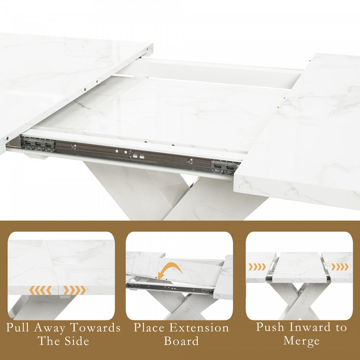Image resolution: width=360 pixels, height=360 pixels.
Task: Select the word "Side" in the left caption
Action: (76, 340)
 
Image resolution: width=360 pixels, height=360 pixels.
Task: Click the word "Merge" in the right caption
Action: (302, 340)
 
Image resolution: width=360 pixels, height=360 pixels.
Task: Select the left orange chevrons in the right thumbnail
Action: (258, 267)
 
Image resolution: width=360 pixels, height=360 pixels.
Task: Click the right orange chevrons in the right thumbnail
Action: (339, 266)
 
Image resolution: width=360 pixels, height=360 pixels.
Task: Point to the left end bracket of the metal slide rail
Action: (38, 145)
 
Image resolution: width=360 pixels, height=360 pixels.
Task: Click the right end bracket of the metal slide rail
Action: (226, 166)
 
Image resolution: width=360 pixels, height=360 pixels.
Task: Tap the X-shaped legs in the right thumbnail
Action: (299, 301)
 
